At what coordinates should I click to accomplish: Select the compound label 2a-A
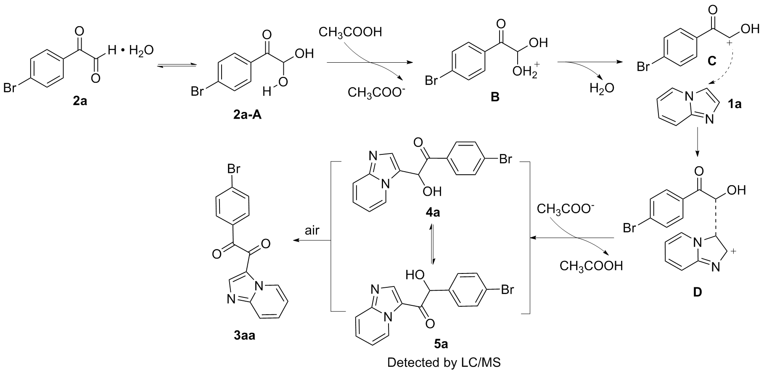click(247, 114)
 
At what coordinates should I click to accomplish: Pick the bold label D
click(698, 292)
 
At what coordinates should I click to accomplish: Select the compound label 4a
click(433, 213)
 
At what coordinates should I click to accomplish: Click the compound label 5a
click(441, 345)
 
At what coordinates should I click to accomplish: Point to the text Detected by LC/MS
click(444, 363)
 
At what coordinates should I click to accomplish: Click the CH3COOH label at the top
click(350, 32)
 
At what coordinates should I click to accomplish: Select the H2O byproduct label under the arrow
click(602, 88)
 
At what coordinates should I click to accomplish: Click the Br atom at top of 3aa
click(234, 169)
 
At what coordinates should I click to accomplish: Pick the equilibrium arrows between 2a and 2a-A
click(175, 65)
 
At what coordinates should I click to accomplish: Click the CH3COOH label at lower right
click(590, 266)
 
